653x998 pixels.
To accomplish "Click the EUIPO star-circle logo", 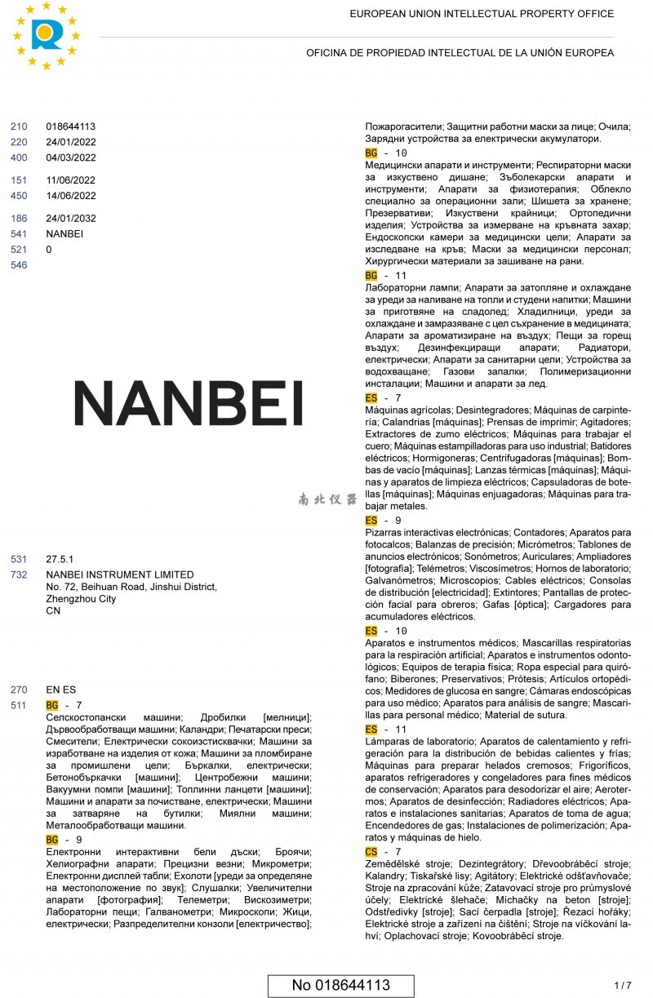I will (x=47, y=35).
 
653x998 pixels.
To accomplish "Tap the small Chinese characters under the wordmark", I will (x=327, y=499).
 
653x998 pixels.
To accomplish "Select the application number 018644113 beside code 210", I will (x=71, y=126).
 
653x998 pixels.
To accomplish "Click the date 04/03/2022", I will (x=71, y=158).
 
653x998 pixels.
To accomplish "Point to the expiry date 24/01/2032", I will (x=71, y=219).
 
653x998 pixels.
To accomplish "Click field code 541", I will (x=19, y=234).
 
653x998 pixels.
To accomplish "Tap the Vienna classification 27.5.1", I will (x=60, y=560).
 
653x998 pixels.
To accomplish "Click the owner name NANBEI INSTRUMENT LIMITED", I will (x=120, y=574).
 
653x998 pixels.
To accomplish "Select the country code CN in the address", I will (x=53, y=610).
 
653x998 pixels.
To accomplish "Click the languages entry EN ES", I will (x=60, y=690).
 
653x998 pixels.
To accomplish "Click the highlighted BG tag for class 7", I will (x=52, y=705).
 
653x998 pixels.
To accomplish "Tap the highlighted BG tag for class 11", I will (x=371, y=276).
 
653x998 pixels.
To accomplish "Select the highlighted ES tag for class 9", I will (x=371, y=520).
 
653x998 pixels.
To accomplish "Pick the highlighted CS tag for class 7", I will (x=371, y=852).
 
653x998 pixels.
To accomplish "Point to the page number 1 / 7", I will (x=623, y=985).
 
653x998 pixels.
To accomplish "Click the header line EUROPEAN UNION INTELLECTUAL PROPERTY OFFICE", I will (x=482, y=14).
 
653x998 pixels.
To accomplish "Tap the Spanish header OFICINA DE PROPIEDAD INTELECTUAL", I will (x=460, y=53).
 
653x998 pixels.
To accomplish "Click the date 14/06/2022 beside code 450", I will (x=71, y=196).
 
